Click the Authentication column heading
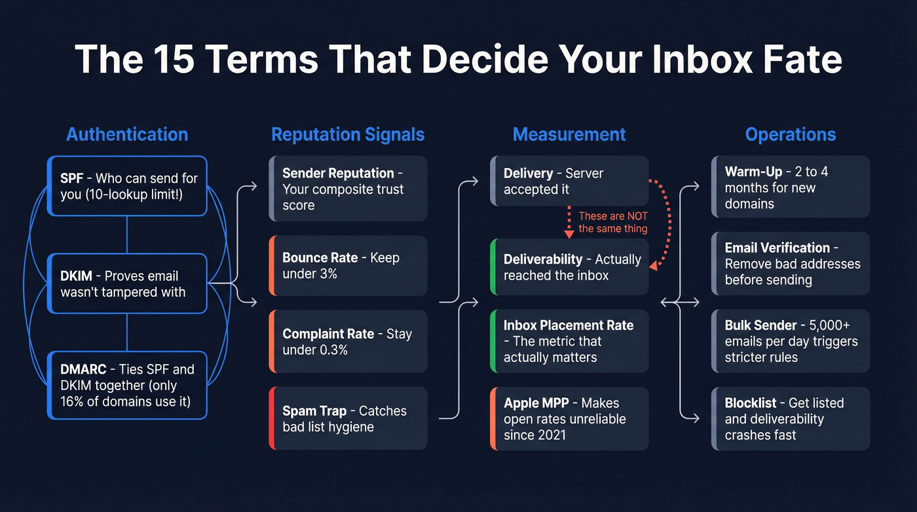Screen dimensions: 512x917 pos(127,134)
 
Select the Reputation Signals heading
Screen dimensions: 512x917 pos(348,134)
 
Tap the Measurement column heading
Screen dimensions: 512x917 pos(569,134)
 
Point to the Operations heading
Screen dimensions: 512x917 pos(791,134)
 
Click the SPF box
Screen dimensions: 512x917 pos(128,186)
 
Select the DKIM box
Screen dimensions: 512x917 pos(128,284)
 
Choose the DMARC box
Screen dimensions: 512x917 pos(128,385)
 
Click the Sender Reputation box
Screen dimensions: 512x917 pos(348,189)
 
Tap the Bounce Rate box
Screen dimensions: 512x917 pos(348,266)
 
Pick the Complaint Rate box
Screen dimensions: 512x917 pos(348,342)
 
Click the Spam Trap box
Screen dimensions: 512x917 pos(348,418)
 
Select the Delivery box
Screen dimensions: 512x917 pos(569,181)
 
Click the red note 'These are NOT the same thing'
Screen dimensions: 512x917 pos(612,222)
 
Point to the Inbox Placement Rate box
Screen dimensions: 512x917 pos(569,342)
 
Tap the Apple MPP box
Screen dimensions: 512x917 pos(569,418)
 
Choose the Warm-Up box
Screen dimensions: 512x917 pos(791,187)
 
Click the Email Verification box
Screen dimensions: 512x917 pos(791,264)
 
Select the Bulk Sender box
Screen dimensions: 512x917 pos(791,342)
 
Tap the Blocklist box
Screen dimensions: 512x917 pos(791,418)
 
